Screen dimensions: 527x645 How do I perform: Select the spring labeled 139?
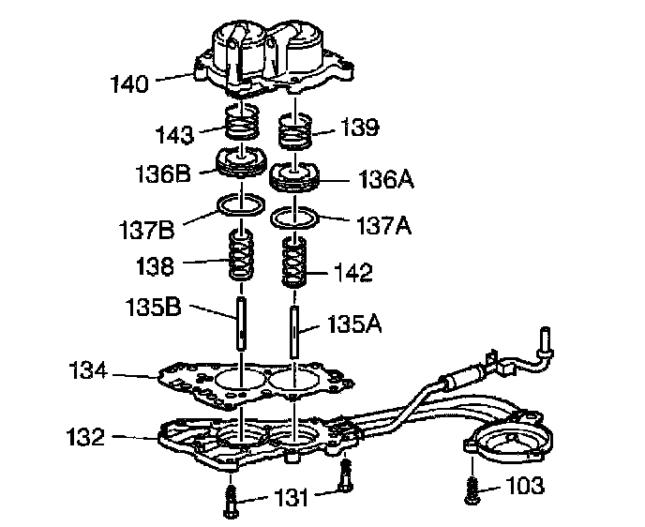297,132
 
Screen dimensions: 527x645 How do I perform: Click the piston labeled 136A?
297,177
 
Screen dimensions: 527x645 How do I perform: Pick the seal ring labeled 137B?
242,204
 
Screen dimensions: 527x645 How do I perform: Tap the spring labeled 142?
297,266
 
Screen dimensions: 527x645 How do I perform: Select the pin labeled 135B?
242,321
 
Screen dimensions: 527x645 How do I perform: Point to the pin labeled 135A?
295,334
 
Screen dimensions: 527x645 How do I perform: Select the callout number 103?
525,486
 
